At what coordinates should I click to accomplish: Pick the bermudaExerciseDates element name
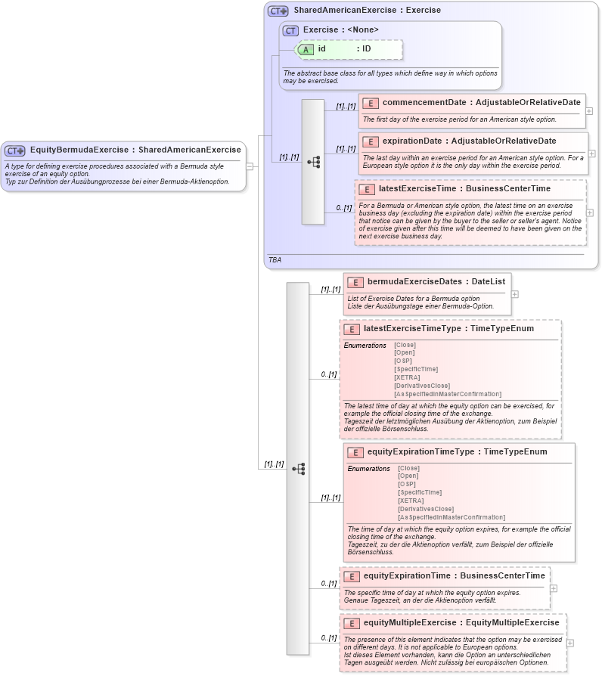pos(408,281)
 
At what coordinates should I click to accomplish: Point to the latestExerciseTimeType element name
pos(409,329)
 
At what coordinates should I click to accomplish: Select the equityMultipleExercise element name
pos(410,622)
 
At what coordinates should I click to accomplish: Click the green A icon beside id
pos(306,49)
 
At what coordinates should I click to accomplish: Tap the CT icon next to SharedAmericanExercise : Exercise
pos(278,11)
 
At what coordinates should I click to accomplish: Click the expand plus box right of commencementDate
pos(589,110)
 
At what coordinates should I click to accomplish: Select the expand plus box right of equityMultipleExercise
pos(570,643)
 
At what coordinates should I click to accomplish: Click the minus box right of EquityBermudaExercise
pos(250,166)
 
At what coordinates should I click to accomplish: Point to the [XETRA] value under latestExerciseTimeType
pos(407,377)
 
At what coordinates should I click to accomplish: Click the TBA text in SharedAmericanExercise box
pos(275,259)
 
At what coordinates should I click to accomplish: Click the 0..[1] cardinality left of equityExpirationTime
pos(327,583)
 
